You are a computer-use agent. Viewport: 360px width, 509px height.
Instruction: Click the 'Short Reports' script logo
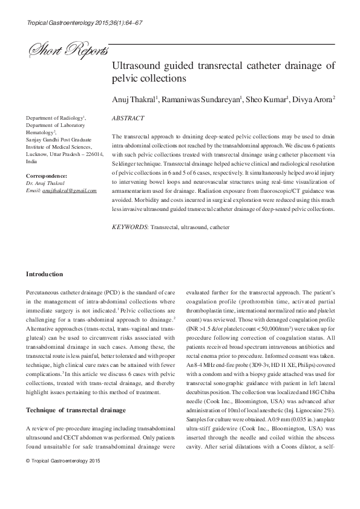click(x=64, y=52)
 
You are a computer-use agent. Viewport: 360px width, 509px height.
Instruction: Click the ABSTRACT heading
click(x=128, y=118)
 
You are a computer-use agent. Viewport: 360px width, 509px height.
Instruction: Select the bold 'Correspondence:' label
click(x=47, y=176)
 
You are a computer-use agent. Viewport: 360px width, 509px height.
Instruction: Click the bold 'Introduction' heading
click(x=44, y=274)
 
